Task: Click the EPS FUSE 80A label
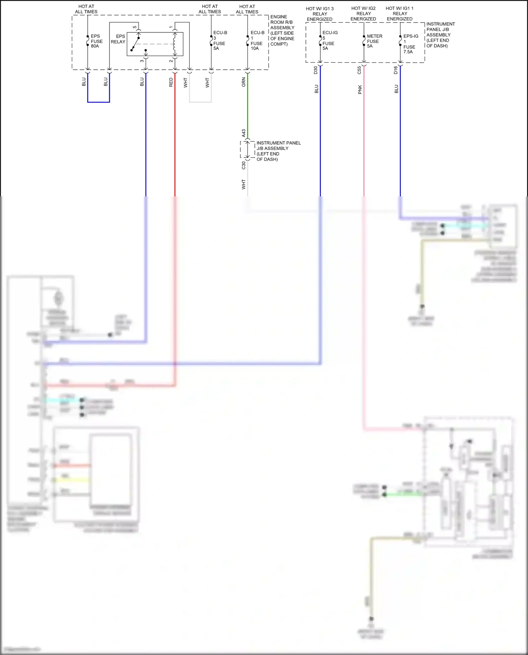point(96,41)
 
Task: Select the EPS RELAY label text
point(118,39)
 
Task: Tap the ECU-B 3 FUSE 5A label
point(220,40)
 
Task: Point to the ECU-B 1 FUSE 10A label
point(257,40)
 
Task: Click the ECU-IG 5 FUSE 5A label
point(329,40)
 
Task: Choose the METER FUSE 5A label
point(374,41)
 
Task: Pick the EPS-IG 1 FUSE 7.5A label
point(410,44)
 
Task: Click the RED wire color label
point(171,82)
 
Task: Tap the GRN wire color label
point(244,83)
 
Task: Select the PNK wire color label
point(360,90)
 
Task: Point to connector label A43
point(244,133)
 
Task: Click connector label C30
point(244,165)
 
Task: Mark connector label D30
point(316,70)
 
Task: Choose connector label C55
point(359,70)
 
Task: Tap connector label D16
point(396,70)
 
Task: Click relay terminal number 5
point(135,27)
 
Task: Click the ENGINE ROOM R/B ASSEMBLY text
point(282,30)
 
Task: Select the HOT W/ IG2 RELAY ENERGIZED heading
point(363,13)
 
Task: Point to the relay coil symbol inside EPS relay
point(174,44)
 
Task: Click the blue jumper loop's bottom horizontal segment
point(99,102)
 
